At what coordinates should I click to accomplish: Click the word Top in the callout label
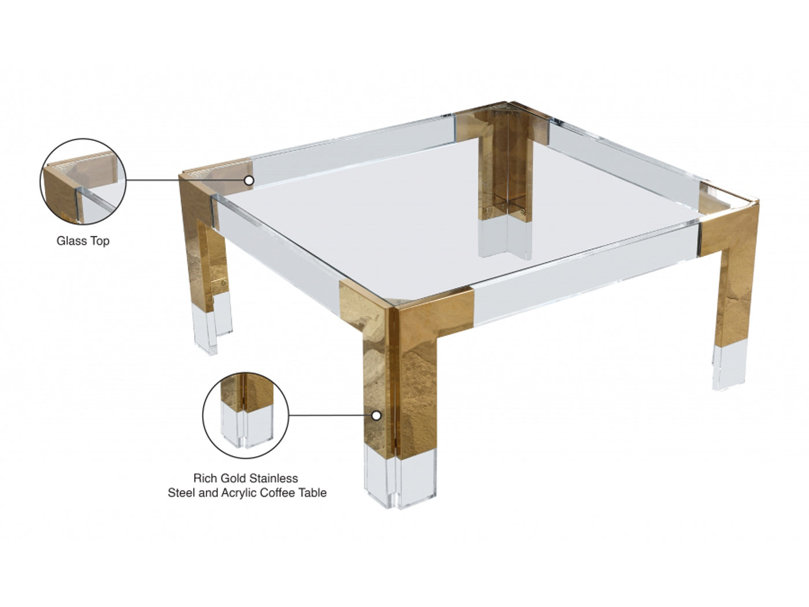click(x=100, y=241)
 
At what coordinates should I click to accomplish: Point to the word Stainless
click(x=276, y=479)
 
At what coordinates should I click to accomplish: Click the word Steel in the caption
click(x=181, y=493)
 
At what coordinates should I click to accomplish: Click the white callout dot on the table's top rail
click(x=249, y=180)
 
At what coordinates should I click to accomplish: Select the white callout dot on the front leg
click(x=376, y=416)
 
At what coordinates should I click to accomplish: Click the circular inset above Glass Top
click(x=83, y=182)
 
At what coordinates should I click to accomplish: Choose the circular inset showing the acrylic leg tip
click(x=246, y=415)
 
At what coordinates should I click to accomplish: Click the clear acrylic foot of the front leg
click(x=400, y=475)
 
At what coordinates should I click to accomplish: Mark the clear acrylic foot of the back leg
click(x=505, y=239)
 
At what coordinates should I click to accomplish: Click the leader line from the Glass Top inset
click(x=185, y=180)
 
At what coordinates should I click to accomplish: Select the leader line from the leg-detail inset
click(x=330, y=415)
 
